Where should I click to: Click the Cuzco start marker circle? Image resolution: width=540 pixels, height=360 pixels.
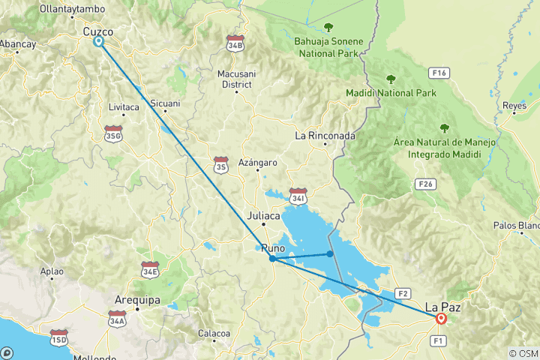coord(98,42)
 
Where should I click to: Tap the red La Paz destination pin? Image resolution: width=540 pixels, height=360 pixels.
coord(441,319)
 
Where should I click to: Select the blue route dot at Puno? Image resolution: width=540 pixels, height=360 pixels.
coord(272,259)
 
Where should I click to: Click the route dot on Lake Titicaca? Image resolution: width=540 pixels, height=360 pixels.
coord(330,254)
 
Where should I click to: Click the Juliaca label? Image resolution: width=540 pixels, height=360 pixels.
coord(263,215)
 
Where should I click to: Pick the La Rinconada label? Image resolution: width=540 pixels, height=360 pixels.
coord(325,136)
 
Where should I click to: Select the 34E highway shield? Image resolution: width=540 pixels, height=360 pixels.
coord(150,268)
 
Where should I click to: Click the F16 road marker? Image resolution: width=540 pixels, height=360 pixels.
coord(439,73)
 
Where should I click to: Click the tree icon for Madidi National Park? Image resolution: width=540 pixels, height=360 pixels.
coord(390,79)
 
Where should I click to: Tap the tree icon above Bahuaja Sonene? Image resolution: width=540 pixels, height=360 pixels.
coord(328,28)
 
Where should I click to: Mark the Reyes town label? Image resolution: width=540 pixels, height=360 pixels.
coord(514,106)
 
